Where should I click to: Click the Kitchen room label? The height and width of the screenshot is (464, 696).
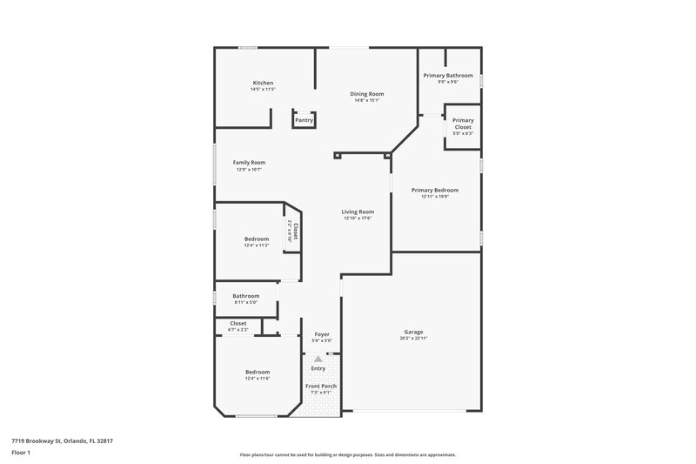click(262, 83)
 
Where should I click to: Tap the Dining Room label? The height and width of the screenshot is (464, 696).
click(367, 93)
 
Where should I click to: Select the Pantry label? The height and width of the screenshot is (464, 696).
click(304, 120)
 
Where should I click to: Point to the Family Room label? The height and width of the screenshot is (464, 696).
click(249, 162)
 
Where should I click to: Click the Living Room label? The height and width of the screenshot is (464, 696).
click(357, 212)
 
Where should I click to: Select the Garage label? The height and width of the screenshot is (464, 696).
click(413, 332)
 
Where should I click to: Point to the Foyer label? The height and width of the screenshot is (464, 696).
click(321, 334)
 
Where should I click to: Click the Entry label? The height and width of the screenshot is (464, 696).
click(318, 369)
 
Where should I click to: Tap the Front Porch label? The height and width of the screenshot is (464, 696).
click(320, 386)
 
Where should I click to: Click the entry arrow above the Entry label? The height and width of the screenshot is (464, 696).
click(318, 358)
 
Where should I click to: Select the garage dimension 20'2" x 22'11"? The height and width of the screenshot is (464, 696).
click(413, 338)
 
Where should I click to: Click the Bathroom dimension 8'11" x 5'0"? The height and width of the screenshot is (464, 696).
click(245, 302)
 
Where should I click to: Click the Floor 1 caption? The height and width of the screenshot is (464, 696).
click(22, 454)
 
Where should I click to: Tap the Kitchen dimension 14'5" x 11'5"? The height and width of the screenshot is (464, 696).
click(262, 89)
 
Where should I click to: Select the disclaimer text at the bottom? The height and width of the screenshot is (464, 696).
click(347, 454)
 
